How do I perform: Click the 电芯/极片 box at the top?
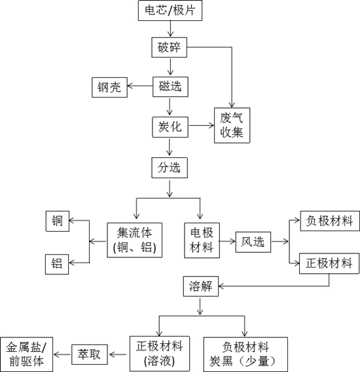point(170,10)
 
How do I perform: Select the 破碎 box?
point(170,47)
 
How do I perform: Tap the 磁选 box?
point(170,86)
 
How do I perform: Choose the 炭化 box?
point(170,126)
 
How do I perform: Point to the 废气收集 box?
point(232,126)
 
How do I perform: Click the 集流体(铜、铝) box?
point(135,240)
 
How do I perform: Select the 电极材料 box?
point(201,240)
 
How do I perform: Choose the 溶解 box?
point(201,286)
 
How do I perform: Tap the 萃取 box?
point(90,354)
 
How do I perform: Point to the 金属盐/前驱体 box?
point(26,354)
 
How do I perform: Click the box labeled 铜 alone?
point(57,221)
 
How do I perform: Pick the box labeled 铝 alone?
point(57,264)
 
